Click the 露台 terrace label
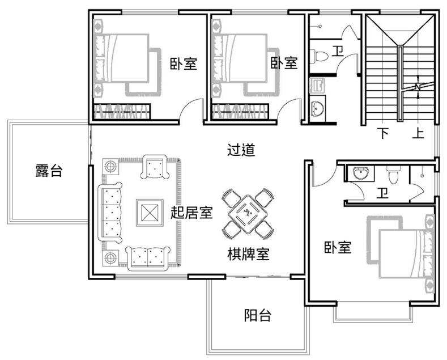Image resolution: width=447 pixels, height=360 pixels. [49, 170]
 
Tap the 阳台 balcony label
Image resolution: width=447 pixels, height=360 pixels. [258, 315]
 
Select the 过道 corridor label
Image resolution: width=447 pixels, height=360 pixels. [241, 150]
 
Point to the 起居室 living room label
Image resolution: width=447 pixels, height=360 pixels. [191, 212]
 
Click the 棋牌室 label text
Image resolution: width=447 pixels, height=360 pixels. [248, 253]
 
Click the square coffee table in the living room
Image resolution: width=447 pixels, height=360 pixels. [150, 213]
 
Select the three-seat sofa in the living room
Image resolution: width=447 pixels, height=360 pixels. [110, 213]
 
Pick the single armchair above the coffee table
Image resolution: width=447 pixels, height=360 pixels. [155, 167]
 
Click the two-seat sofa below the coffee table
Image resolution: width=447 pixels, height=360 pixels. [148, 259]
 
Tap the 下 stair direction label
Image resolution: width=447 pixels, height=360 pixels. [383, 133]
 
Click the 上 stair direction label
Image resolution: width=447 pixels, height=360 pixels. [418, 133]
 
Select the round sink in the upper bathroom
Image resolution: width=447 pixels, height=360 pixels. [318, 108]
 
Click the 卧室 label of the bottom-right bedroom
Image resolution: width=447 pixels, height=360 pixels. [338, 247]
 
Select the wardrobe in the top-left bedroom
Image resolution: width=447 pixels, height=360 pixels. [122, 111]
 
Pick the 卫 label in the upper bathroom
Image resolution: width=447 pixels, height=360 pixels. [338, 51]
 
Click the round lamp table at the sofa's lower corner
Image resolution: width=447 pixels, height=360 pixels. [110, 258]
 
